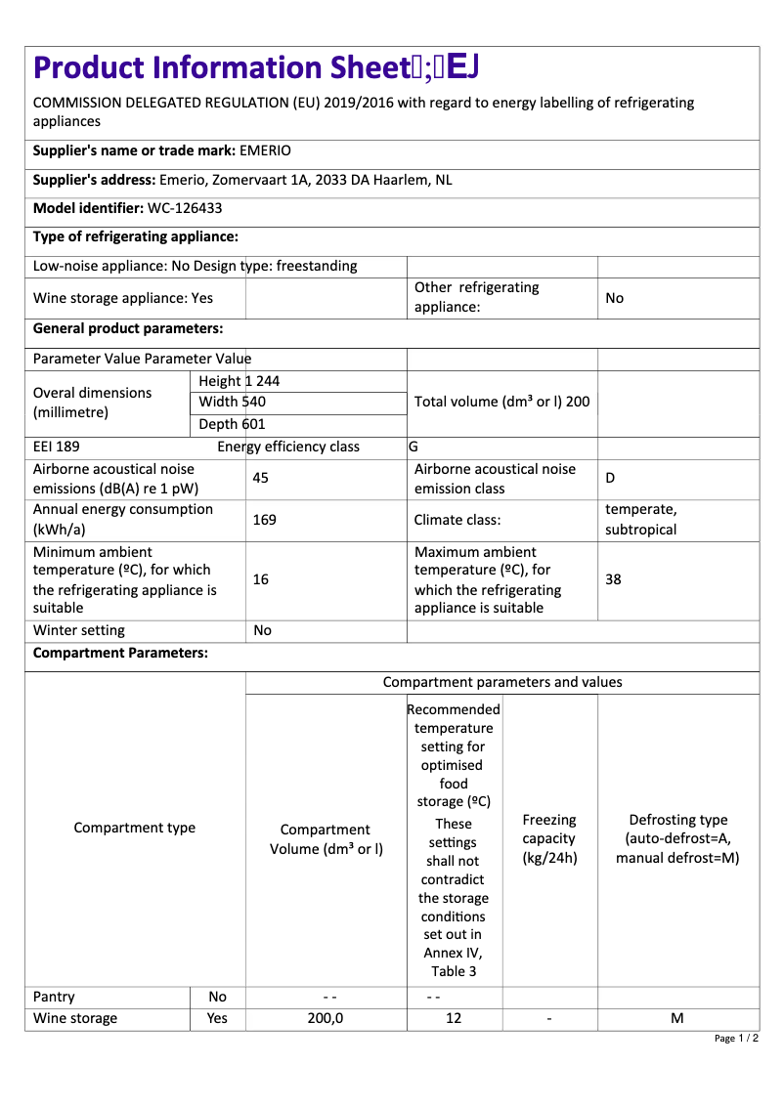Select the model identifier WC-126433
[x=186, y=208]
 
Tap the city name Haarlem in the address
[x=401, y=180]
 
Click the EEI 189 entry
[x=57, y=447]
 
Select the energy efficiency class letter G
[x=414, y=447]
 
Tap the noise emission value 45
[x=261, y=478]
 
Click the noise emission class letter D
[x=610, y=478]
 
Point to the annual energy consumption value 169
[x=264, y=520]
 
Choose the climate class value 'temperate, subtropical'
[x=641, y=520]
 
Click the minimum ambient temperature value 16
[x=261, y=579]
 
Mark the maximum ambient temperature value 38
[x=613, y=579]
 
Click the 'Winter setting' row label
[x=79, y=630]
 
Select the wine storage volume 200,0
[x=326, y=1018]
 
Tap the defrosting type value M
[x=676, y=1018]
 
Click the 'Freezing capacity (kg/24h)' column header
[x=549, y=839]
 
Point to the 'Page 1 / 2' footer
[x=736, y=1038]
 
